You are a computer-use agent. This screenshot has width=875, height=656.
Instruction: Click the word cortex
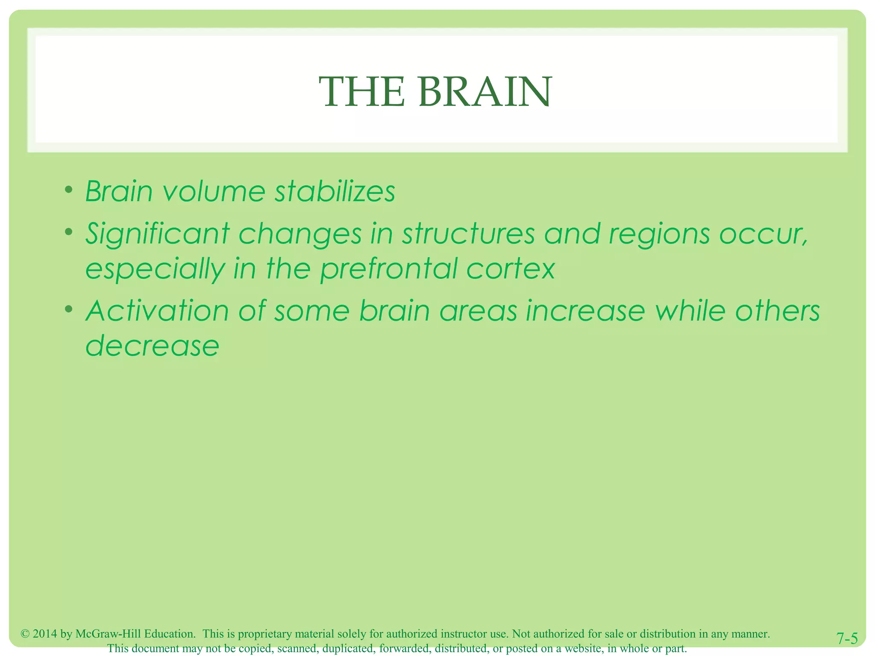point(511,269)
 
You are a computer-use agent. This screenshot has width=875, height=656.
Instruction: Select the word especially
point(155,269)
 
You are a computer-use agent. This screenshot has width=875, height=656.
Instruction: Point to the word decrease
point(153,346)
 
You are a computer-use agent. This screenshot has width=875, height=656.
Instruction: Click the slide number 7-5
point(847,638)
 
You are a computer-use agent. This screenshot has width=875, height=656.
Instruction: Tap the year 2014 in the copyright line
point(45,634)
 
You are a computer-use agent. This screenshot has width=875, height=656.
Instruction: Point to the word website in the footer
point(584,648)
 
